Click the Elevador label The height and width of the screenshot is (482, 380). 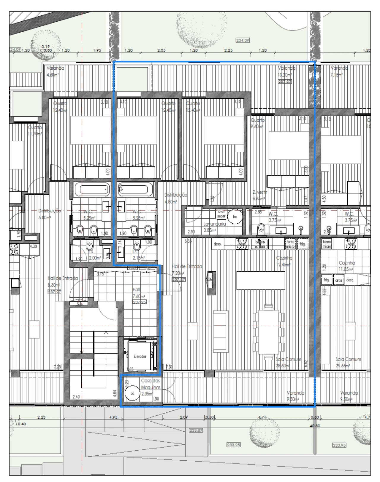[x=140, y=356]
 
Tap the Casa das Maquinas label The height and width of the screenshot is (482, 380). [x=151, y=384]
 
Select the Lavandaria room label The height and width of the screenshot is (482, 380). [x=215, y=224]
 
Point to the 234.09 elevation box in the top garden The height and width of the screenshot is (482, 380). [x=243, y=40]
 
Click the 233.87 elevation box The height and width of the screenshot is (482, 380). [x=196, y=430]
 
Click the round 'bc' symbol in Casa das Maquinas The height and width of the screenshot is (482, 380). [x=132, y=393]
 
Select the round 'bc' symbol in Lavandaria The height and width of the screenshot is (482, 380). [x=235, y=217]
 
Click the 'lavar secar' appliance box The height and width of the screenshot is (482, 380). [x=221, y=214]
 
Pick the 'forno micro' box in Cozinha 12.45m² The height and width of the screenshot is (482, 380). [x=290, y=244]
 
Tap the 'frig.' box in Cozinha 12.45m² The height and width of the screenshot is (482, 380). [x=302, y=244]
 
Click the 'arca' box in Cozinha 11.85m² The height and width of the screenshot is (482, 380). [x=339, y=280]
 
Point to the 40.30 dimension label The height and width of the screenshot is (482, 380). [x=315, y=426]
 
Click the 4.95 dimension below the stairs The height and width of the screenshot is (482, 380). [x=113, y=417]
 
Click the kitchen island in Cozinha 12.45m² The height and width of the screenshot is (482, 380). [x=261, y=281]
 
